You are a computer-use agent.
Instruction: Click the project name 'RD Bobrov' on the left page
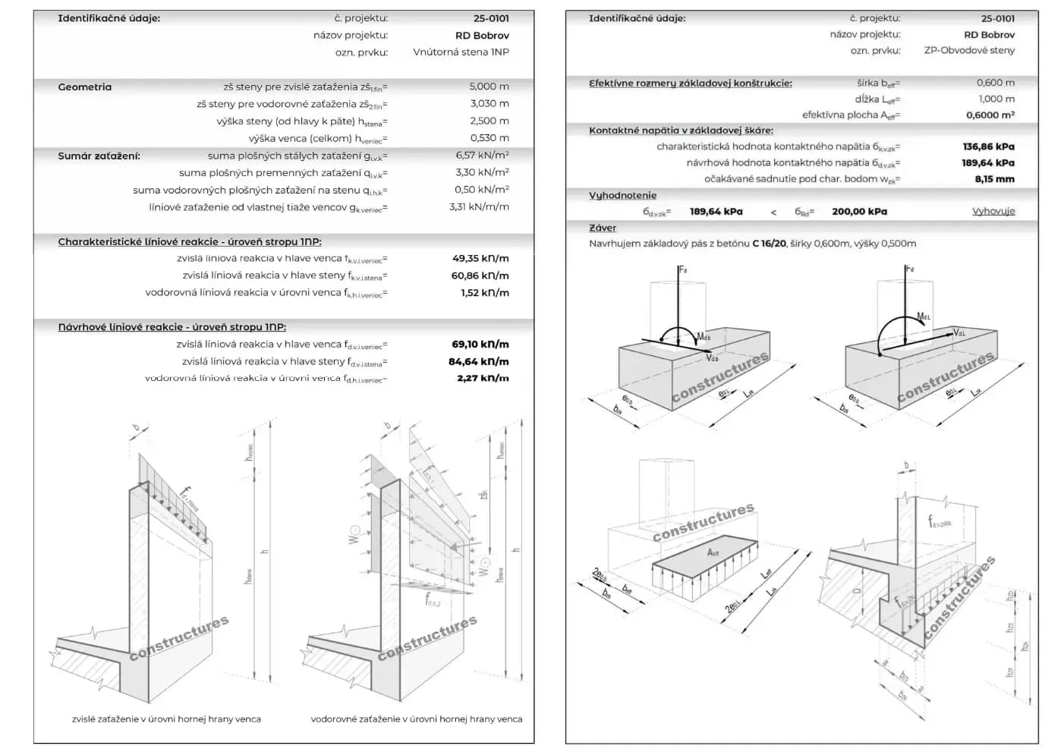(x=482, y=36)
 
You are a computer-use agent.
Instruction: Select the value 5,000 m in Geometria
(x=489, y=87)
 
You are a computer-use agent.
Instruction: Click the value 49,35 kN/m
(x=480, y=259)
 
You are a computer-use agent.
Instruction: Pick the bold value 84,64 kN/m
(x=478, y=362)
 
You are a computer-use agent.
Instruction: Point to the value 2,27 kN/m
(x=483, y=378)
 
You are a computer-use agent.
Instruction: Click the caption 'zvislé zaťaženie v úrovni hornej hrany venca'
(x=166, y=719)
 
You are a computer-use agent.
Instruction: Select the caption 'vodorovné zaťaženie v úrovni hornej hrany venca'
(x=416, y=719)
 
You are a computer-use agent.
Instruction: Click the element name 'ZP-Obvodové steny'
(x=969, y=50)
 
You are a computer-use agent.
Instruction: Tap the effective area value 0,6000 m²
(x=990, y=115)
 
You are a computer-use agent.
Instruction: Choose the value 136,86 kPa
(x=988, y=146)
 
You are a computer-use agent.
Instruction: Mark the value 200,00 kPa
(x=859, y=212)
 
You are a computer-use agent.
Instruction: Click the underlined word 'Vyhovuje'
(x=993, y=211)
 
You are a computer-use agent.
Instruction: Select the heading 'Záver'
(x=603, y=228)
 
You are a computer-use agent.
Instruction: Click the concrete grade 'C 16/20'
(x=769, y=244)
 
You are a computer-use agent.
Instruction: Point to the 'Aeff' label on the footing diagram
(x=713, y=552)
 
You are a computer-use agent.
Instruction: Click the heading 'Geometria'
(x=84, y=87)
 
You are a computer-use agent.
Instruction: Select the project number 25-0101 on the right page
(x=997, y=18)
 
